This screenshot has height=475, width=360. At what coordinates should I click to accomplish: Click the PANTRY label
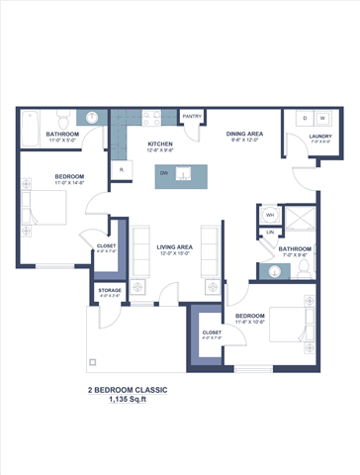[192, 114]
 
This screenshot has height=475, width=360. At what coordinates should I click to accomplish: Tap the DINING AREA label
[243, 133]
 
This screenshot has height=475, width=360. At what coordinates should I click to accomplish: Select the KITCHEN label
[160, 144]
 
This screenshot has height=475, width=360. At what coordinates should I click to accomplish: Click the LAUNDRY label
[319, 137]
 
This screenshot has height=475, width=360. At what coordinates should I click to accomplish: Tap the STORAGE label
[110, 290]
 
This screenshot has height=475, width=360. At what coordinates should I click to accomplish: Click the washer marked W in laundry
[321, 118]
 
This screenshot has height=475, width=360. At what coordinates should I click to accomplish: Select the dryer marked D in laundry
[304, 118]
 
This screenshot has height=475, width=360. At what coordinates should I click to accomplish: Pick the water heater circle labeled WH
[270, 214]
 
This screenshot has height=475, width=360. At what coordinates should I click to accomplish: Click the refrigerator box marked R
[121, 170]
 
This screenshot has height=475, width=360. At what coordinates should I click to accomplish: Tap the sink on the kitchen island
[182, 175]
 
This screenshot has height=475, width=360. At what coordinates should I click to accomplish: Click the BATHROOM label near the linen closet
[295, 248]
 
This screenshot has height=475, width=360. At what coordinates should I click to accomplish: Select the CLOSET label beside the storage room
[106, 245]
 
